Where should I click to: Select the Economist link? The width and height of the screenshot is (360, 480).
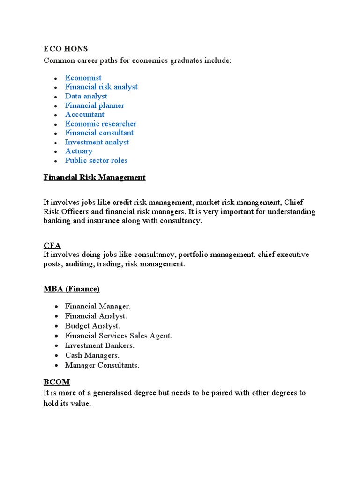click(x=83, y=78)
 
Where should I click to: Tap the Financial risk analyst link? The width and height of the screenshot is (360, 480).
click(x=101, y=87)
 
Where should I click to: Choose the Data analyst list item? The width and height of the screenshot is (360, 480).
click(x=86, y=96)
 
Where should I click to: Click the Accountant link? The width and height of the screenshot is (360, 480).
click(x=85, y=114)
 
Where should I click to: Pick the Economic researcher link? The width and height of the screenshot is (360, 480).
click(x=101, y=124)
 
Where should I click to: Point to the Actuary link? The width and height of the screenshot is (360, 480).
click(x=79, y=151)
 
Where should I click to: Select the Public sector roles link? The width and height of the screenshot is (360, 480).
click(x=96, y=160)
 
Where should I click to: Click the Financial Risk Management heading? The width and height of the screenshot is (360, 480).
click(x=94, y=177)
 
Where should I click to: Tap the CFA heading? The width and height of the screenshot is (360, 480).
click(x=52, y=245)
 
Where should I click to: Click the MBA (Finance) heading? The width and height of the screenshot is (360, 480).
click(x=72, y=288)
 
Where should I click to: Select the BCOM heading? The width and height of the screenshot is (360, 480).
click(x=56, y=382)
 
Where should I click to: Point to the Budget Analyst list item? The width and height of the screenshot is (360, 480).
click(x=93, y=326)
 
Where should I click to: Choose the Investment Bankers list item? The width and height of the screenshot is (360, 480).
click(x=100, y=345)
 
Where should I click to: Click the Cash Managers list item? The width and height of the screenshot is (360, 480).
click(x=92, y=355)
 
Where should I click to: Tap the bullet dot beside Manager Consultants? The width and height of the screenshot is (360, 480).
click(x=56, y=365)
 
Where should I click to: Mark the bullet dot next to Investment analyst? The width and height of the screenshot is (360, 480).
click(x=56, y=142)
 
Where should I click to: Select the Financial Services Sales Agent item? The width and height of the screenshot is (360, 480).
click(x=119, y=336)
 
